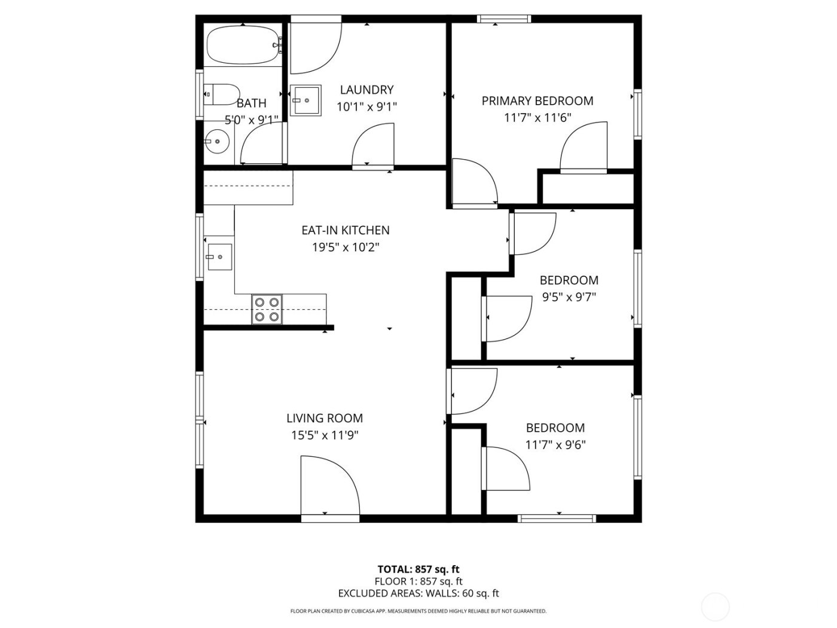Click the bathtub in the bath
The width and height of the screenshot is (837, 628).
coord(242,45)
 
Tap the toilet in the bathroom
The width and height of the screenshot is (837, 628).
coord(219,94)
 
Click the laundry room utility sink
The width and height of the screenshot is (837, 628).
coord(306,100)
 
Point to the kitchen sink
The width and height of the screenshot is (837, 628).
coord(219,257)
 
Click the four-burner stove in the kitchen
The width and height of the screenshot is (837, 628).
coord(267,309)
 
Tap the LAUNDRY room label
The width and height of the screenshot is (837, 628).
coord(366,90)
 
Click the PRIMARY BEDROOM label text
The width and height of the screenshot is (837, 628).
coord(537,101)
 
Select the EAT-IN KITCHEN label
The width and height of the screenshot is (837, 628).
coord(346,230)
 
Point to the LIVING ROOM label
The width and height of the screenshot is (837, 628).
coord(325,419)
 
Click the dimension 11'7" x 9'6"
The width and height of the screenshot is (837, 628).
coord(555,445)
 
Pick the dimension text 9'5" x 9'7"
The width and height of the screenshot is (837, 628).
coord(569,297)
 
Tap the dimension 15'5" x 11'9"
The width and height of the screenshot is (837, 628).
coord(325,435)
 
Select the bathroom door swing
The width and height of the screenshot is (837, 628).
coord(259,147)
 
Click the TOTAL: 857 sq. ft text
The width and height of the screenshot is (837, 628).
coord(418,569)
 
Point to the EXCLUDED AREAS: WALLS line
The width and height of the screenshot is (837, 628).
coord(418,593)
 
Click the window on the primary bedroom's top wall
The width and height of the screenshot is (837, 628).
coord(504,19)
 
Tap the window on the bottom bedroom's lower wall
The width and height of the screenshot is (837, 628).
coord(557,518)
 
